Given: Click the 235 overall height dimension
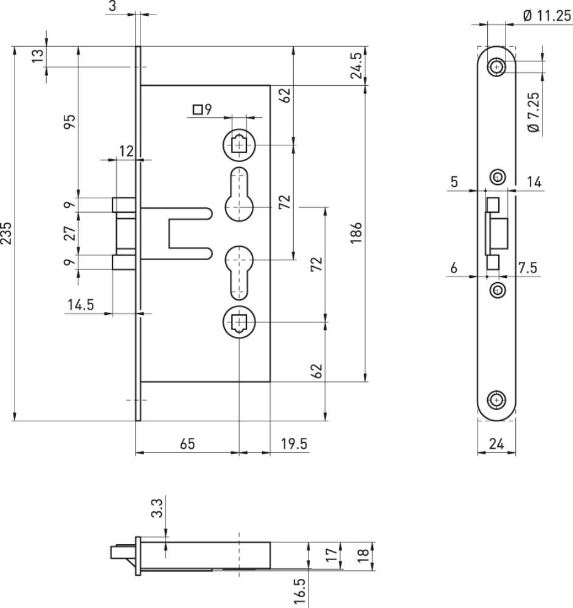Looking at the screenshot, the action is [6, 233].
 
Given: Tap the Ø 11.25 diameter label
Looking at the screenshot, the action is [547, 16].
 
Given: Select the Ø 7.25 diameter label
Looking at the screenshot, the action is [534, 112].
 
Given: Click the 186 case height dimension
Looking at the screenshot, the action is [356, 233].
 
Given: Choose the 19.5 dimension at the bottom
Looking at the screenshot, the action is [294, 444].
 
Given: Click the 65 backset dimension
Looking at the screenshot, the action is [187, 444].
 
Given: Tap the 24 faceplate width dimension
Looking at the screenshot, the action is [496, 444].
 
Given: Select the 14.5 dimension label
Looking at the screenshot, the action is [81, 305].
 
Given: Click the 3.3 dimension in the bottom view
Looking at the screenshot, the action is [157, 508].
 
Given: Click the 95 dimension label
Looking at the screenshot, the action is [70, 122].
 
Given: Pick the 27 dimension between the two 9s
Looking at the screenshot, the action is [70, 233].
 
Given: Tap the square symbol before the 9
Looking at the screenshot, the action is [198, 109].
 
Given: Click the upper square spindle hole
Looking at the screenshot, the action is [240, 145].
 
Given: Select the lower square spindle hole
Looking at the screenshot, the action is [240, 322].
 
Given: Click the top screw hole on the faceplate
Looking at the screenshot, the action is [496, 67].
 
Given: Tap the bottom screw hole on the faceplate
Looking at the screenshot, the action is [496, 400].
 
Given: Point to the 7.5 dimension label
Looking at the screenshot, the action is [527, 268].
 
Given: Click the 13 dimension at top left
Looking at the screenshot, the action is [38, 57].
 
